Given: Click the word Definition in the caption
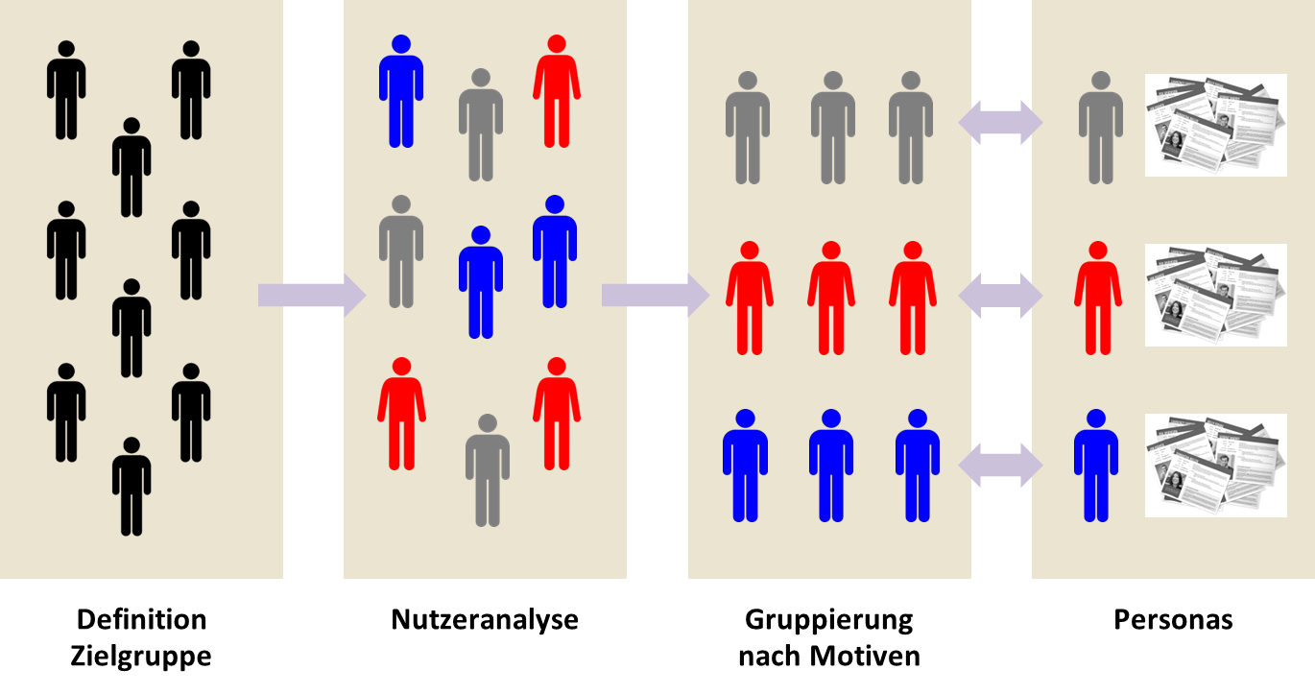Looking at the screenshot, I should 141,619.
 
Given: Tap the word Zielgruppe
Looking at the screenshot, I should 141,657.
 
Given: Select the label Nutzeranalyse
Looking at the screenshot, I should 485,619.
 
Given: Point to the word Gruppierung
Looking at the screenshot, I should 828,619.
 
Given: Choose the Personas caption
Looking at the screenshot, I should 1173,619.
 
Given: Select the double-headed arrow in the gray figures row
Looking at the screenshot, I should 1001,123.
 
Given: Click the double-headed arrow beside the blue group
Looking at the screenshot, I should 1001,465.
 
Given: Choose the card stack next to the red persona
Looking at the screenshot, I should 1215,294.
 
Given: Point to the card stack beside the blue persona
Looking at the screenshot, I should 1215,465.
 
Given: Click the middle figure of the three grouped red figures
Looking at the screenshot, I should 831,299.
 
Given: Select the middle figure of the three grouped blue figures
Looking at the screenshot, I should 831,467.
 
